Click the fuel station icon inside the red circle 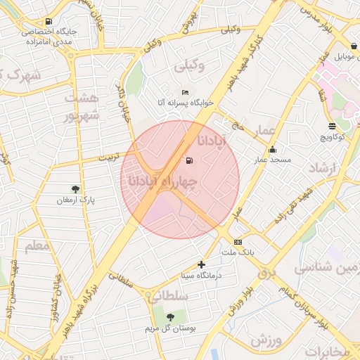188,160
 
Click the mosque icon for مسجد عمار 272,150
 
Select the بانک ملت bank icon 238,241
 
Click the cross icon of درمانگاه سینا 202,264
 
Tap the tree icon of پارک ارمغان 75,188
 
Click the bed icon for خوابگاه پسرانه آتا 185,93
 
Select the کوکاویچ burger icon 332,127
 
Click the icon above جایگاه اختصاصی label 48,21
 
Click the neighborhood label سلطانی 169,297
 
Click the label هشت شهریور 77,105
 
